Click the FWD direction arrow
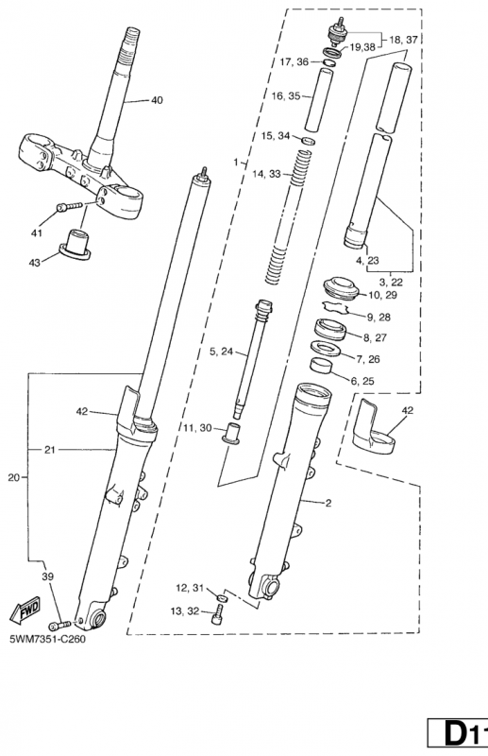[25, 610]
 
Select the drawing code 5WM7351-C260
[48, 639]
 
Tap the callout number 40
[157, 100]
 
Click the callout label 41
[37, 232]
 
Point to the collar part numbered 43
[76, 244]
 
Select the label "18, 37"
[403, 40]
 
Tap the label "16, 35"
[286, 96]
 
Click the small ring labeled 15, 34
[309, 141]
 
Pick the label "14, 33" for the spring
[266, 174]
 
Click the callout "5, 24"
[221, 352]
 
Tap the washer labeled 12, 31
[221, 597]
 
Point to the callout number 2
[328, 503]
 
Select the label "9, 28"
[379, 317]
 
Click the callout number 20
[14, 477]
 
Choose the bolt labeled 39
[59, 625]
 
